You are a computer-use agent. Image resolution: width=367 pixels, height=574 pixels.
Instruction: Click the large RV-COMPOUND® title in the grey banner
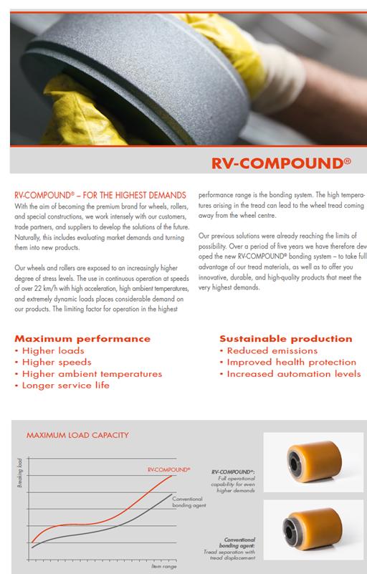pos(280,162)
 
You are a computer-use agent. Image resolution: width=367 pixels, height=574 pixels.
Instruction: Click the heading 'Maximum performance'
pos(82,339)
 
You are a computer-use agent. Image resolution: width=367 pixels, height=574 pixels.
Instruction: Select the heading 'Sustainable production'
pos(285,339)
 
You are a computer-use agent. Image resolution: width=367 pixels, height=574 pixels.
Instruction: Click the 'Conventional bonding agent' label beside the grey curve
pos(189,502)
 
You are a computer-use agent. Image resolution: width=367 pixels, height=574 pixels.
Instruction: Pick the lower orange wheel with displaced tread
pos(313,532)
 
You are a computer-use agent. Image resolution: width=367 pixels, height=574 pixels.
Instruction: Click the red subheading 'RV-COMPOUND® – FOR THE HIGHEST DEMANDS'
pos(100,195)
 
